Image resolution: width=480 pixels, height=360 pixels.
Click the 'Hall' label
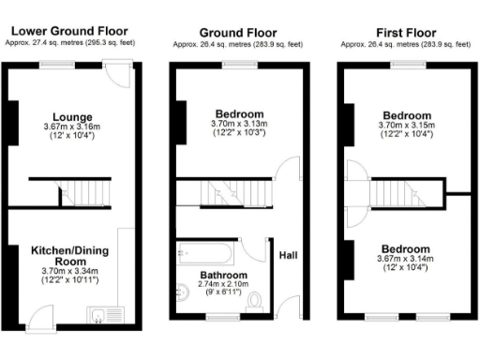coord(288,250)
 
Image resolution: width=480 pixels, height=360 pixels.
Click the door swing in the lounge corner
coord(119,75)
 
